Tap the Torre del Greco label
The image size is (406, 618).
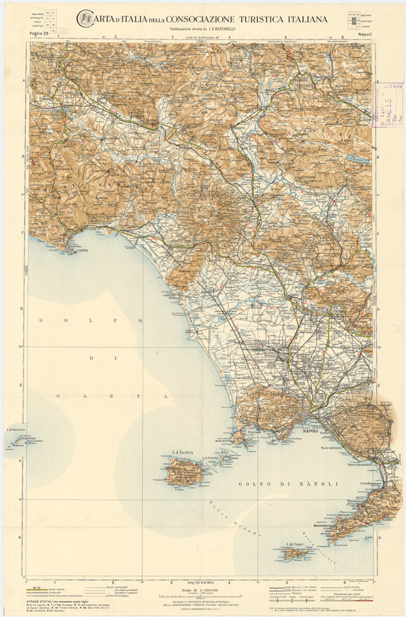pyautogui.click(x=330, y=448)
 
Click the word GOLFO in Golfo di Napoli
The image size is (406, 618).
pyautogui.click(x=252, y=483)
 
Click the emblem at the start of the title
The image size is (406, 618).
pyautogui.click(x=85, y=18)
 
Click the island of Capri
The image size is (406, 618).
pyautogui.click(x=297, y=552)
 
